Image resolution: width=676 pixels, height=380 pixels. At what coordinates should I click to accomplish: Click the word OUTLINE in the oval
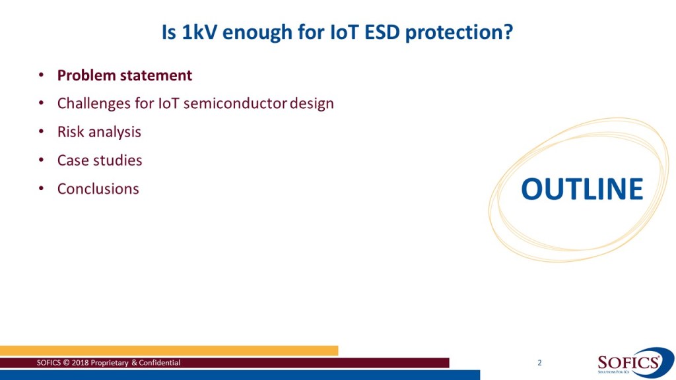[x=582, y=189]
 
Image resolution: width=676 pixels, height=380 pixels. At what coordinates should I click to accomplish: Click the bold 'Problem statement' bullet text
[x=125, y=75]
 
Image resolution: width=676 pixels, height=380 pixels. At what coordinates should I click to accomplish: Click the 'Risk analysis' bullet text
[x=99, y=132]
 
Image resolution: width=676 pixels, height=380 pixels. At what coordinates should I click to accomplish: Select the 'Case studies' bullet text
[x=100, y=160]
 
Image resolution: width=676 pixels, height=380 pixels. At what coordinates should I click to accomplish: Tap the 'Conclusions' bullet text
[x=98, y=189]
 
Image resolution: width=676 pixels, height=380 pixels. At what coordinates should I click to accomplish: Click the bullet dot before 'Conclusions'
[x=41, y=189]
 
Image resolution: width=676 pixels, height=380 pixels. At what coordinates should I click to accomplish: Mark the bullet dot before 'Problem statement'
[x=41, y=75]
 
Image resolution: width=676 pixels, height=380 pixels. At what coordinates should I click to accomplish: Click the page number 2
[x=539, y=363]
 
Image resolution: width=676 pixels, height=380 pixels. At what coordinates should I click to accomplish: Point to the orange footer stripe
[x=169, y=351]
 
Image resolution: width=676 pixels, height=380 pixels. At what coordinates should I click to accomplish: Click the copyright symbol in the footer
[x=67, y=363]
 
